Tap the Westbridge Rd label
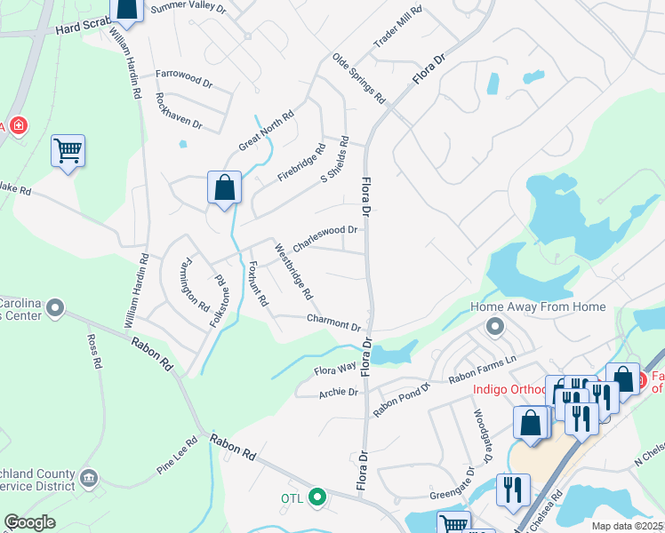293,271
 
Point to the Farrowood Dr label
184,78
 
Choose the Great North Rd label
265,130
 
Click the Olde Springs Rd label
358,76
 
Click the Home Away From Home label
538,307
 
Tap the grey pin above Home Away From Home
494,328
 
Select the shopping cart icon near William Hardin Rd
68,151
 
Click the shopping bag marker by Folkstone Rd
224,187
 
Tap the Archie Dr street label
340,391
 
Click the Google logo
30,522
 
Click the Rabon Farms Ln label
482,366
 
